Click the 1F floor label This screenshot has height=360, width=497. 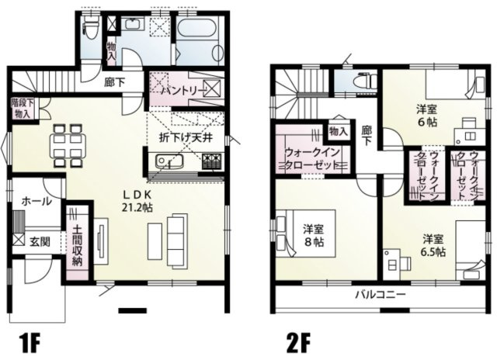click(x=30, y=341)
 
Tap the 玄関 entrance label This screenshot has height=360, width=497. click(x=41, y=241)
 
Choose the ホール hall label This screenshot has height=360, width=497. click(x=36, y=202)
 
